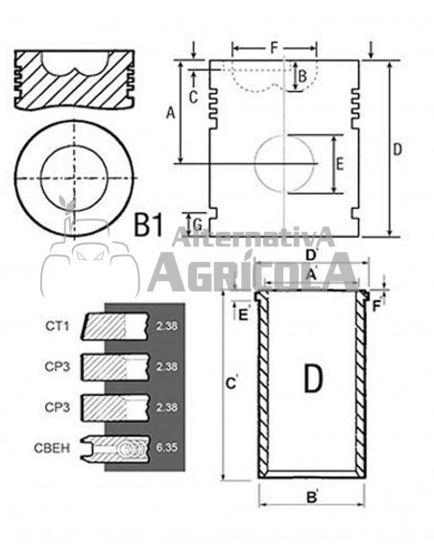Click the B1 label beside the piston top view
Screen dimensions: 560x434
pos(149,225)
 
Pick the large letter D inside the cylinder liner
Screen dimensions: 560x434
pos(313,380)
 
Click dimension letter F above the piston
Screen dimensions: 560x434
pos(274,45)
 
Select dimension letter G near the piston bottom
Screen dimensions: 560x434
pos(197,224)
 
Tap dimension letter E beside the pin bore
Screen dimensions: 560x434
pos(339,164)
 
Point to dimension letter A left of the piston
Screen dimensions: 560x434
pos(171,113)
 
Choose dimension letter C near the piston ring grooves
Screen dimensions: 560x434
pos(193,95)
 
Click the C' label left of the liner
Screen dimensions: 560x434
pos(230,384)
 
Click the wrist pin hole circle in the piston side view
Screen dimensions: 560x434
pos(286,165)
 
